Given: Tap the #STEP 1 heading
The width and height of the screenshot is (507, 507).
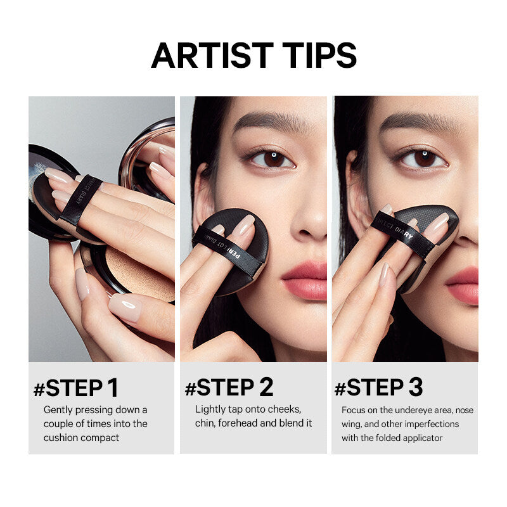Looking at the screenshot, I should coord(76,388).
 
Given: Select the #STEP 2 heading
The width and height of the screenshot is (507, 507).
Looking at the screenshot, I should coord(229,388).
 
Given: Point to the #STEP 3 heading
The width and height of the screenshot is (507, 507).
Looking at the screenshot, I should coord(379,388).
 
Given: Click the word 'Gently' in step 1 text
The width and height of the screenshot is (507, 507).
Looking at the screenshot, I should coord(58,410).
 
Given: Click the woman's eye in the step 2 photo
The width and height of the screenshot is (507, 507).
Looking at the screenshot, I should coord(273,158).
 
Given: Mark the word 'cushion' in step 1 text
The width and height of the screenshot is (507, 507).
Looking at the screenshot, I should coord(60,438).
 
